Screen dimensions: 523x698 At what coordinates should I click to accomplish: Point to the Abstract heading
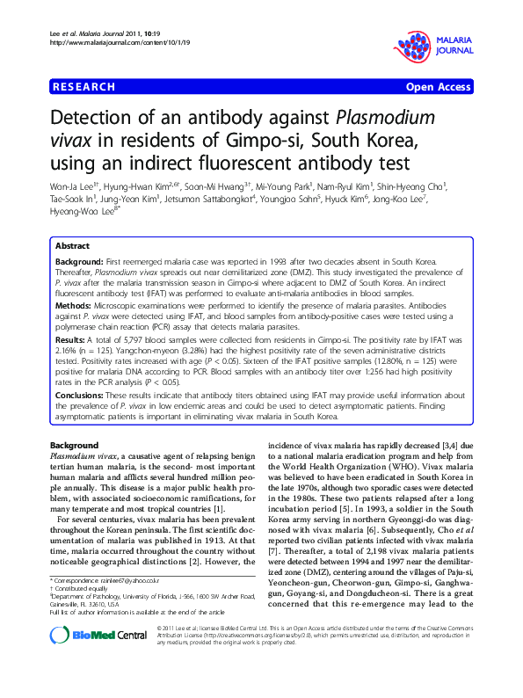click(x=73, y=247)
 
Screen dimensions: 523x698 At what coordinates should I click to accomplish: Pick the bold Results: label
click(x=74, y=339)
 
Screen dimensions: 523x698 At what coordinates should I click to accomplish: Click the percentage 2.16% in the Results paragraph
click(x=64, y=348)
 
